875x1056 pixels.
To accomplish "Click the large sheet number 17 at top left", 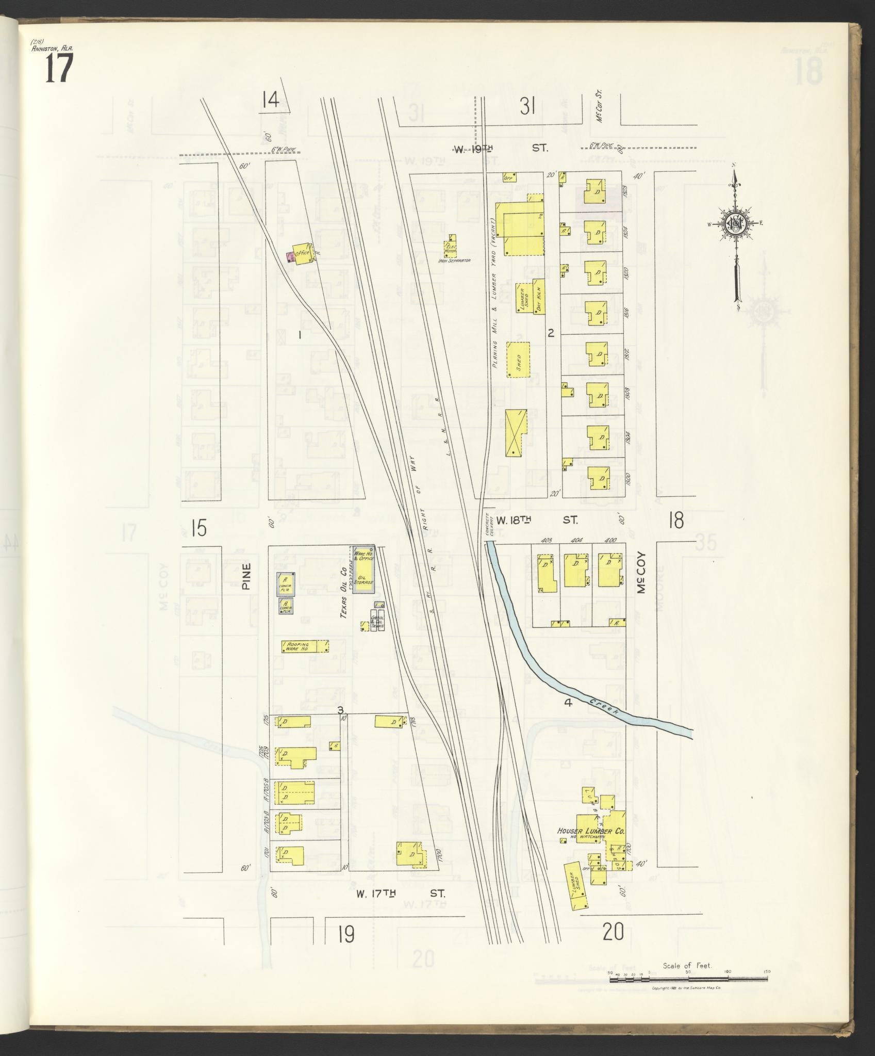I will [58, 69].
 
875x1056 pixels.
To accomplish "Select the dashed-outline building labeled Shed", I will [518, 359].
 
